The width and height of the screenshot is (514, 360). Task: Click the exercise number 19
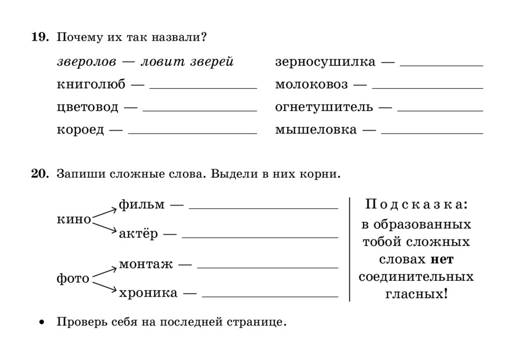[40, 38]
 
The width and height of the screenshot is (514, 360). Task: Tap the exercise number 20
[40, 174]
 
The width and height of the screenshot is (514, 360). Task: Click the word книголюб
[91, 85]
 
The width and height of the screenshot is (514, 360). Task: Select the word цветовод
[88, 107]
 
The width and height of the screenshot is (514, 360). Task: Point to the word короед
[80, 130]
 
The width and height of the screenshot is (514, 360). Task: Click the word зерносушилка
[325, 62]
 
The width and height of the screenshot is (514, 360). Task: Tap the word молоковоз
[311, 85]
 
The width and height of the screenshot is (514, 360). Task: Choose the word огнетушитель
[324, 107]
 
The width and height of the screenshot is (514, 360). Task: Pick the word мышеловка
[316, 130]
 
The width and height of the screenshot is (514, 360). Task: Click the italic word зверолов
[86, 62]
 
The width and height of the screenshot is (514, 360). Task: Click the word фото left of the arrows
[73, 279]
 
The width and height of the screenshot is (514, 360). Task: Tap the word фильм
[142, 205]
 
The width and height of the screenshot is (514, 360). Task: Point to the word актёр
[138, 234]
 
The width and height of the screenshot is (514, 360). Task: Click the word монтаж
[146, 264]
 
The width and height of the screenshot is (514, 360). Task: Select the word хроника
[148, 293]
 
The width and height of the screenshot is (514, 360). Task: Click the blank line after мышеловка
[432, 134]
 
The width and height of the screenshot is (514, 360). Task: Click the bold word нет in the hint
[442, 260]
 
